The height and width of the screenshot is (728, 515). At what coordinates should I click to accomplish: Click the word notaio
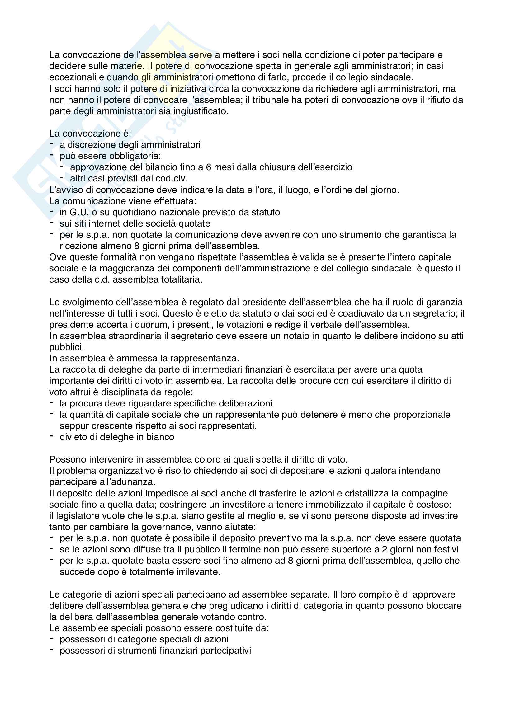(x=296, y=336)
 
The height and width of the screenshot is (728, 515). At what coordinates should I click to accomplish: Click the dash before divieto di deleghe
(x=51, y=436)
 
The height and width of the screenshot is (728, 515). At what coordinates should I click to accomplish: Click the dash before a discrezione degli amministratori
(x=51, y=144)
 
